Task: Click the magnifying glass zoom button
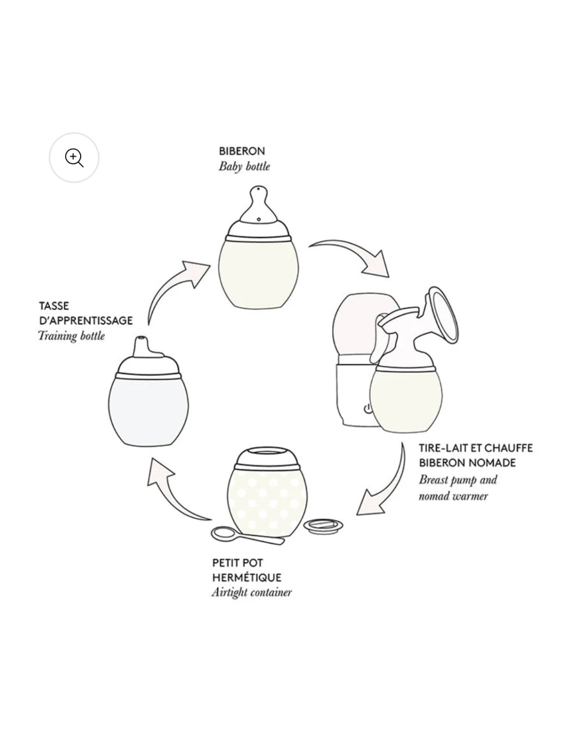[74, 158]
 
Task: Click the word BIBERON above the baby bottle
[241, 151]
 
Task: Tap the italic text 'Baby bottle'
[244, 167]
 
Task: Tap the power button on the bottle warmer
[367, 409]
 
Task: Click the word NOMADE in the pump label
[492, 463]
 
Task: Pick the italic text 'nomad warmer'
[453, 496]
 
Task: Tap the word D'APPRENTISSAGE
[86, 320]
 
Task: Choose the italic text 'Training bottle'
[71, 336]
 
